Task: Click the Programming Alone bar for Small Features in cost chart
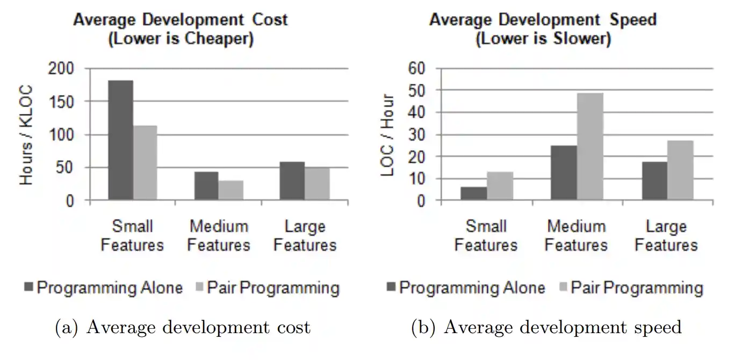pos(121,140)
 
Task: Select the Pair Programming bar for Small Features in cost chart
pos(145,163)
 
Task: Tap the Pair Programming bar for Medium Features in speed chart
pos(590,147)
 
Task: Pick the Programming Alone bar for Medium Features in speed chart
pos(564,173)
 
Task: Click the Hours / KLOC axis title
pos(26,135)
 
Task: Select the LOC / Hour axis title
pos(388,135)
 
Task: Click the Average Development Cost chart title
pos(181,20)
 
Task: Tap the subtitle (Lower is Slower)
pos(543,40)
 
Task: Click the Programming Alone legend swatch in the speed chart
pos(391,288)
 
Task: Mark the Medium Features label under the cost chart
pos(219,236)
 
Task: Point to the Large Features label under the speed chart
pos(666,236)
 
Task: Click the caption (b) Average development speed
pos(546,327)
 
